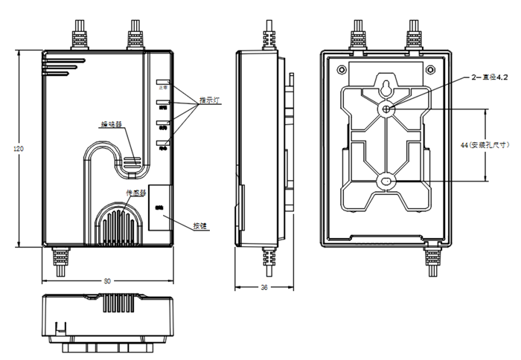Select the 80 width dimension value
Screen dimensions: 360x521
coord(107,281)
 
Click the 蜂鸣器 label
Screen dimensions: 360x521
coord(112,124)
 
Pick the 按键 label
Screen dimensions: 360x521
coord(199,225)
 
